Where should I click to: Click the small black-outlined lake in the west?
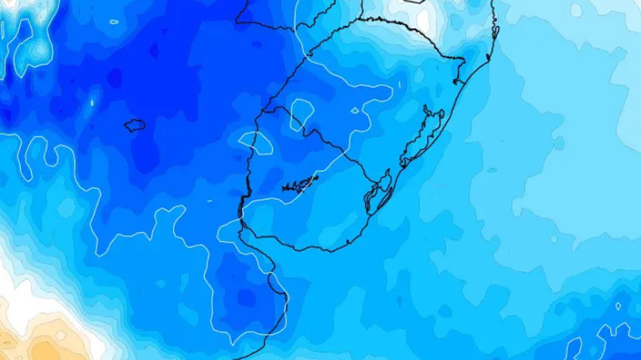pos(135,125)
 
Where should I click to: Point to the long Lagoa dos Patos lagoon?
pos(423,138)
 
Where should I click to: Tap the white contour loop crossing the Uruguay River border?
pos(256,142)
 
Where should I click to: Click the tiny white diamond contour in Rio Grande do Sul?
pos(355,110)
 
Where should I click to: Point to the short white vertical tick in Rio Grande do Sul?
pos(398,85)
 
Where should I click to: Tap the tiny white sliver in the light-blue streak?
pos(92,102)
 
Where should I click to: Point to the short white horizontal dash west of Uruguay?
pos(209,201)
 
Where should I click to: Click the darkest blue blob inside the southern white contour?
pos(247,298)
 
